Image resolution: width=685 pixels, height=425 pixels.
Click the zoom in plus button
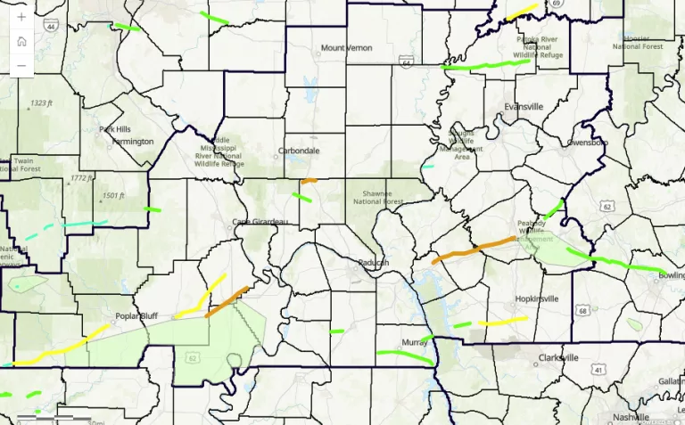point(21,17)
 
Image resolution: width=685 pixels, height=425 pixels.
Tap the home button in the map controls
point(21,41)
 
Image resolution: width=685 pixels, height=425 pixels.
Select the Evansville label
point(523,107)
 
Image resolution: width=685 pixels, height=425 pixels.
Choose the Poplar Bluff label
point(136,315)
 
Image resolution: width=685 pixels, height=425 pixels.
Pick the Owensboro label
point(587,142)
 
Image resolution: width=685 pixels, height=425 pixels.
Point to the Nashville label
point(631,416)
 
